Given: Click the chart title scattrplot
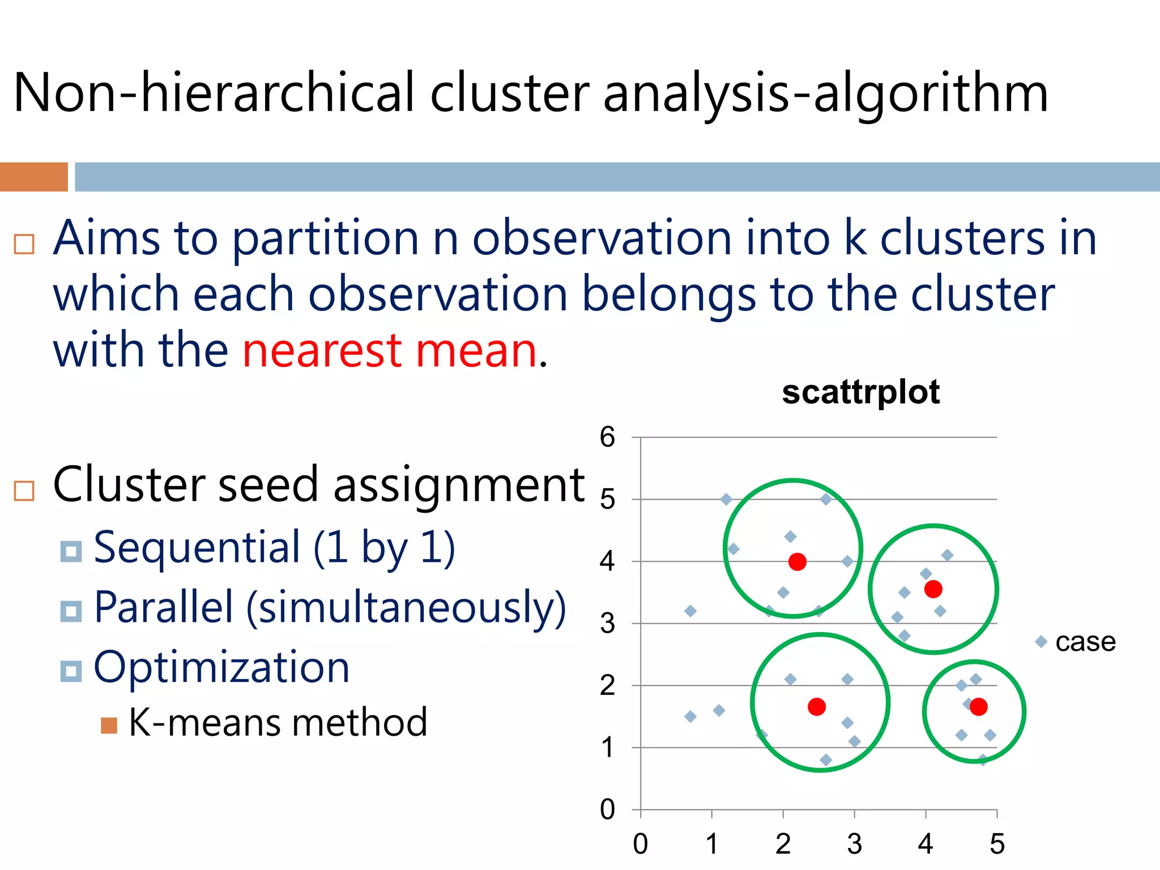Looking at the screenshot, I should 860,392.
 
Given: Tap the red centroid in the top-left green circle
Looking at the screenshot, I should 797,562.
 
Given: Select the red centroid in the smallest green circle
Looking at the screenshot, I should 978,706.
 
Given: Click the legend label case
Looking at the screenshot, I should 1085,642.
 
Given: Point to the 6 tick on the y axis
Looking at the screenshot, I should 607,437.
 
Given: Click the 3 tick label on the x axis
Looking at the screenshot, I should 854,844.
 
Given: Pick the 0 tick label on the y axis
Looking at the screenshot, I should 607,809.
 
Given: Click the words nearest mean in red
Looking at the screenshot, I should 389,351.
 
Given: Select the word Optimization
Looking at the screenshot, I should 221,667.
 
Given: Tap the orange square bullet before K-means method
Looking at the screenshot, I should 109,726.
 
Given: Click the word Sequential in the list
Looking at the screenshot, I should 197,547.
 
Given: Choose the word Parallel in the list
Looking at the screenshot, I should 163,607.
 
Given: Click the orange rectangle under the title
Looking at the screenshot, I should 33,177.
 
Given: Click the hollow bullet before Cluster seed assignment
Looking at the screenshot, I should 24,491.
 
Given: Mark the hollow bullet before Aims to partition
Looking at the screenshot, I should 24,244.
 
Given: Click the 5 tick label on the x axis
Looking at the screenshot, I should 997,844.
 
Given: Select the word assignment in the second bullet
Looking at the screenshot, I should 459,486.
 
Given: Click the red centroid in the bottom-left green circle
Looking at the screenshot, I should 817,706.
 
